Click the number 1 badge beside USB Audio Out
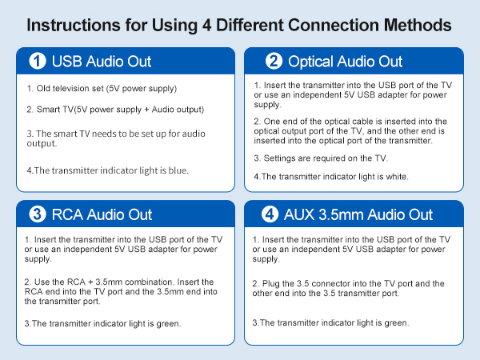tap(36, 62)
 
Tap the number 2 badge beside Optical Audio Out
tap(274, 62)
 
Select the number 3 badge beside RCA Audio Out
tap(36, 214)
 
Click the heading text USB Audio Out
tap(101, 62)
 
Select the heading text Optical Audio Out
tap(346, 62)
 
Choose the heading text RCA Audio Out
tap(102, 214)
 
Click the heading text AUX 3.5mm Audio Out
tap(359, 214)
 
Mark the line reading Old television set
tap(101, 88)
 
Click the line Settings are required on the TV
tap(321, 158)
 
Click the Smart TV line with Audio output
tap(115, 109)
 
